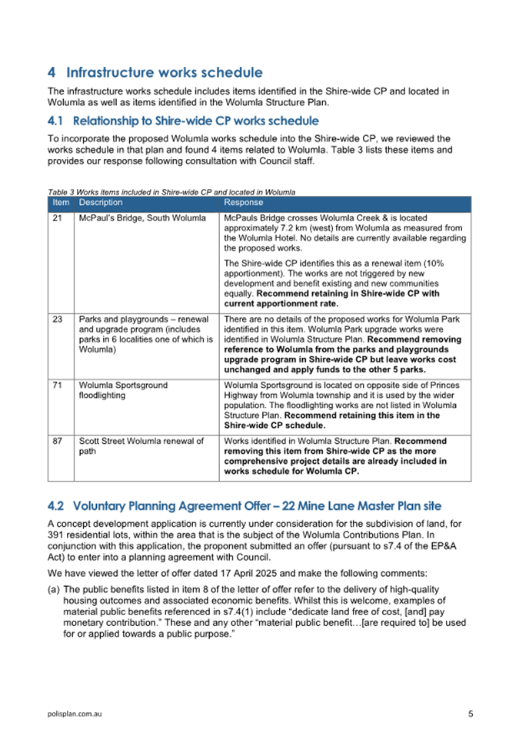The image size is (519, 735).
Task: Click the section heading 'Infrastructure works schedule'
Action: (165, 74)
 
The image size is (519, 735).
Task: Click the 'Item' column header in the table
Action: (60, 203)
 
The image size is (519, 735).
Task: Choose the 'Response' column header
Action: (243, 203)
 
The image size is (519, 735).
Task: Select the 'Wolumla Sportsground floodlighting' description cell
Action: (123, 390)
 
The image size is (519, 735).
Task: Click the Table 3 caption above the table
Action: (171, 191)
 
